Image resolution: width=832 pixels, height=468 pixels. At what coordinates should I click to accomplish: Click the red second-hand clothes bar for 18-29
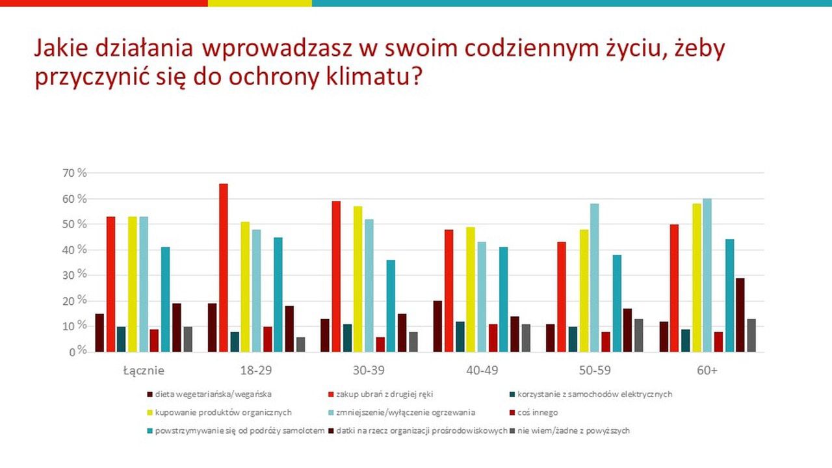[x=224, y=268]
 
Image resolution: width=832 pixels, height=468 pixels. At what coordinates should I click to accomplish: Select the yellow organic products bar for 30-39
[x=358, y=279]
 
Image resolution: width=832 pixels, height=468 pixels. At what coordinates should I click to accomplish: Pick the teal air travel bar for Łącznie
[x=165, y=300]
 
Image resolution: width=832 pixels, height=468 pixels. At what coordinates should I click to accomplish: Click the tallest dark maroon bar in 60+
[x=740, y=315]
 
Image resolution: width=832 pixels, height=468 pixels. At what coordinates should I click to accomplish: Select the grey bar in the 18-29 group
[x=300, y=344]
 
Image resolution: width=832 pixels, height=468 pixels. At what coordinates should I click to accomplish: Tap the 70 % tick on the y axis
[x=73, y=173]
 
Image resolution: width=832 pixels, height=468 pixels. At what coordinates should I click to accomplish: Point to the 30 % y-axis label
[x=73, y=275]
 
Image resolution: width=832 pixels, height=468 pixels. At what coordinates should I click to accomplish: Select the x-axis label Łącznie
[x=144, y=370]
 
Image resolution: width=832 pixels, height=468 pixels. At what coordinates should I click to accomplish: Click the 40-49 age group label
[x=482, y=370]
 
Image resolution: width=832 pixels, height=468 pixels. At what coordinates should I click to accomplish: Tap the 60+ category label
[x=707, y=370]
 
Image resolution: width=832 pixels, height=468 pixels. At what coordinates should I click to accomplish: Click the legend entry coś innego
[x=539, y=412]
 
